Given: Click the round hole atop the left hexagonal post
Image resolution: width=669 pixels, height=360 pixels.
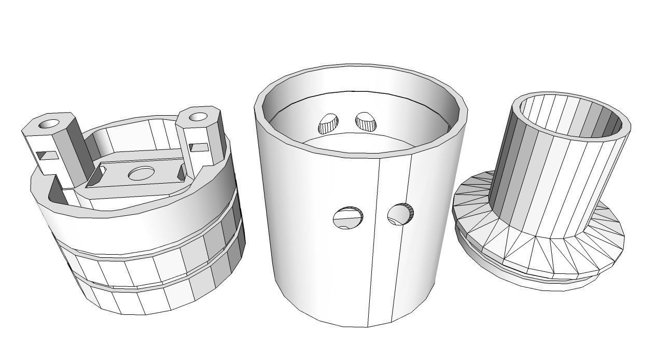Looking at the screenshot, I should [49, 124].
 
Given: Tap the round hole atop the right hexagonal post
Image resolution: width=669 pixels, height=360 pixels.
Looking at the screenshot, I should [198, 117].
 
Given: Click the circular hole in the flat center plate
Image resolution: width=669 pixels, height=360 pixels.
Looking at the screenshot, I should [141, 173].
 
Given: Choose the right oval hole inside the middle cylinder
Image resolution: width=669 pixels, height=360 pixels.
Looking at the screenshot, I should [366, 121].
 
